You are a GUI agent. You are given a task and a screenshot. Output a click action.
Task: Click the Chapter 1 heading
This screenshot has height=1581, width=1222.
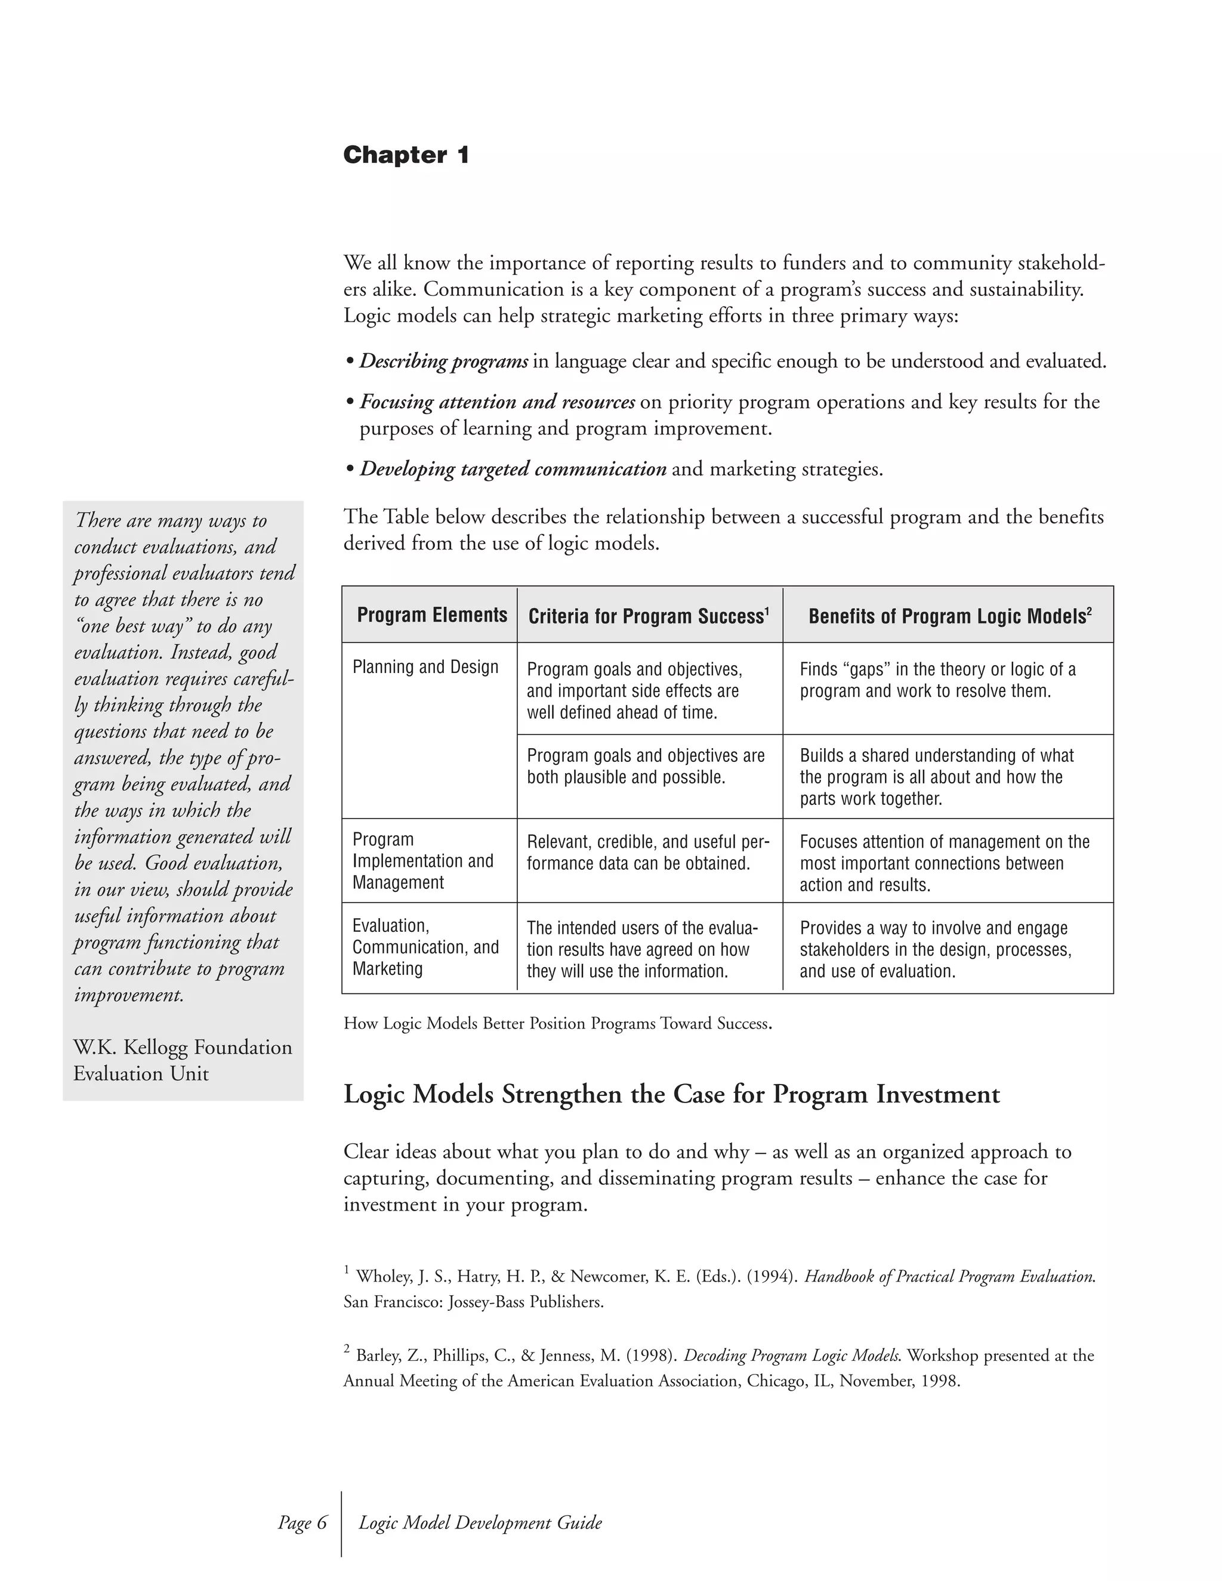[406, 155]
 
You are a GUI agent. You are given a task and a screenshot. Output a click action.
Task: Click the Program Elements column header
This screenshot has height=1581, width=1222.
[431, 615]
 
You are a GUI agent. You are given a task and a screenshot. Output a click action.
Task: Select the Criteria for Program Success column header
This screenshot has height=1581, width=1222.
[649, 616]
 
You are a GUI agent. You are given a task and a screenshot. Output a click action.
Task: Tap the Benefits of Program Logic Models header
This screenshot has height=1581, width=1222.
[949, 616]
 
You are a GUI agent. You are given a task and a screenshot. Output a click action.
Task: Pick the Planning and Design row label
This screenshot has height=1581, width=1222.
[425, 667]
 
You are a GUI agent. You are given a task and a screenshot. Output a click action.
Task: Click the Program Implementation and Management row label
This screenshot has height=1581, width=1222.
[423, 861]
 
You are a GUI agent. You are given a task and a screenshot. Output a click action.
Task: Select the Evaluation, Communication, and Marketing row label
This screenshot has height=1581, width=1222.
[425, 947]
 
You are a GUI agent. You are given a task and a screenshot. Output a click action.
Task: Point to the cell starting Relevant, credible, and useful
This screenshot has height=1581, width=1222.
[648, 853]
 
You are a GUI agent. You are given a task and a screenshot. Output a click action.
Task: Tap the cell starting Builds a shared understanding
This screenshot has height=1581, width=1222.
[937, 777]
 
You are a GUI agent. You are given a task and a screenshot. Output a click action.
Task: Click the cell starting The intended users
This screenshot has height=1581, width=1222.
[642, 949]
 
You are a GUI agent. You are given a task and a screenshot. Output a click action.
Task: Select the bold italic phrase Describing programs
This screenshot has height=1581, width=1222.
[444, 361]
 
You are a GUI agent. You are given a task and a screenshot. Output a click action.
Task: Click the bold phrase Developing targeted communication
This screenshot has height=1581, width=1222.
[513, 469]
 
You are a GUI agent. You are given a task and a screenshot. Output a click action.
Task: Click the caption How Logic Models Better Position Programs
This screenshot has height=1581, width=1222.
[557, 1024]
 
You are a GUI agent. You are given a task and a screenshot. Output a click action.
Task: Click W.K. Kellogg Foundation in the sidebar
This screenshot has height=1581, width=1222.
[183, 1048]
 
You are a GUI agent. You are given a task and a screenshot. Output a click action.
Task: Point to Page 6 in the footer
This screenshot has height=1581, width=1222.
[303, 1523]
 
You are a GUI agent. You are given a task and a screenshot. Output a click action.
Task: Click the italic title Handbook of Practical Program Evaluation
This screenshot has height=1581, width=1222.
[949, 1276]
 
